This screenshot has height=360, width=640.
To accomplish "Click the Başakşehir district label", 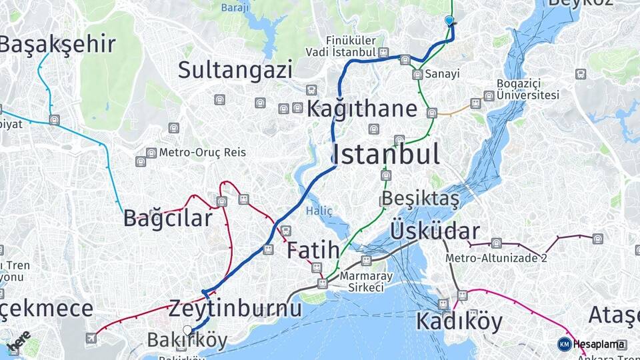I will coord(57,45).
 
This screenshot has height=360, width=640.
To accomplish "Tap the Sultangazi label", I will coord(235,69).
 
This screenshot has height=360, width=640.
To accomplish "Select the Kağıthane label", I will coord(362,109).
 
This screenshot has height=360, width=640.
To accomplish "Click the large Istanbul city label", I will coord(386,154).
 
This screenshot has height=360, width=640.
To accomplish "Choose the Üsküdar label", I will coord(435,231).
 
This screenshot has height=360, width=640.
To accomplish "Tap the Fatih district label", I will coord(313,251).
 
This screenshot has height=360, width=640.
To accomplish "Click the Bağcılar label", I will coord(168,218).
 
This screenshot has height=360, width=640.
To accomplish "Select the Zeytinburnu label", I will coord(235,309).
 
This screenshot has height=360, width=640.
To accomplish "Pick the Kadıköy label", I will coord(459,321).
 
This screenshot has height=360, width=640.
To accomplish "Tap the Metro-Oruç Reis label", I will coord(202,153).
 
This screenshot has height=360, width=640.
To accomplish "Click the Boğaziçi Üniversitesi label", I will coord(527,89).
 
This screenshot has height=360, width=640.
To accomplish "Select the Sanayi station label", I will coord(442,73).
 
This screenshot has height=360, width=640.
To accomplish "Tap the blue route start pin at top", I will coord(449,21).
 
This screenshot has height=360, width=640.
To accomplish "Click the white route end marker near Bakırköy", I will coord(187,329).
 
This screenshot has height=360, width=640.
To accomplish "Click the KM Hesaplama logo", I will coord(592,345).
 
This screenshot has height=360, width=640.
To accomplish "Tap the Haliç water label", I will coord(319,211).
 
